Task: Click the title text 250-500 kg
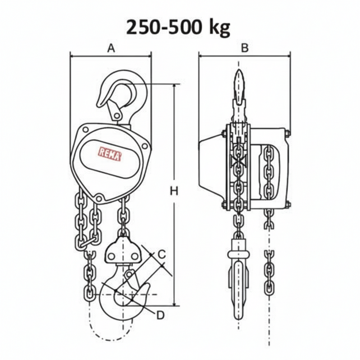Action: tap(178, 27)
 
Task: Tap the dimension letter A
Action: tap(111, 49)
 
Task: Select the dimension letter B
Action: tap(244, 48)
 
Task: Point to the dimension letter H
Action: tap(174, 191)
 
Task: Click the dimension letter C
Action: tap(161, 254)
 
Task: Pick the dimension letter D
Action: tap(160, 315)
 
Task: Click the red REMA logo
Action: tap(109, 152)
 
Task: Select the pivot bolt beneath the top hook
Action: tap(117, 116)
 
